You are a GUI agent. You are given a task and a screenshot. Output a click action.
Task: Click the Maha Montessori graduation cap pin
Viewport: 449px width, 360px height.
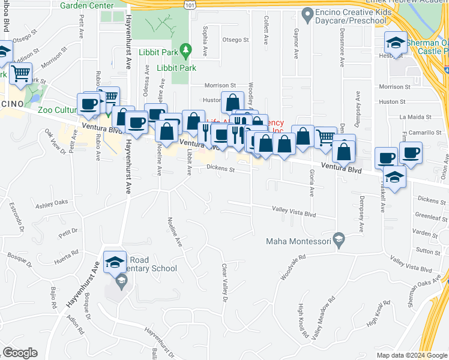point(339,238)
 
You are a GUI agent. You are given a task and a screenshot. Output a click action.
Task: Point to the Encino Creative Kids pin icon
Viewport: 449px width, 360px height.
point(308,13)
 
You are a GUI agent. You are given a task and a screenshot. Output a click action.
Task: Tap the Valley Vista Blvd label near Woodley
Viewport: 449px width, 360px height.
point(294,213)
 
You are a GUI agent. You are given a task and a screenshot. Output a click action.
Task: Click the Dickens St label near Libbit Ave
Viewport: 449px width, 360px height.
point(220,169)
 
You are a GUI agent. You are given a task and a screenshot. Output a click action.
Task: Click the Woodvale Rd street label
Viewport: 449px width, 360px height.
point(293,268)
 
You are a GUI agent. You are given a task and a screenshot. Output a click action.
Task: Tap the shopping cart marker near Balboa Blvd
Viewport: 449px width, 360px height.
point(20,74)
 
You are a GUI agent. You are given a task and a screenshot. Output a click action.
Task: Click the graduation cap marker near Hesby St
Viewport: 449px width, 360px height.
point(395,43)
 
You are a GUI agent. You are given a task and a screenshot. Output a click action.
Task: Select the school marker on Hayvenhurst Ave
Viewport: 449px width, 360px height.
point(115,262)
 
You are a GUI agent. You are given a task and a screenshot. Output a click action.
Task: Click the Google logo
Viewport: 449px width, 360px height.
point(20,352)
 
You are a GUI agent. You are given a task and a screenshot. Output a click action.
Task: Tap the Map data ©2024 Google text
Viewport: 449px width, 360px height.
point(411,355)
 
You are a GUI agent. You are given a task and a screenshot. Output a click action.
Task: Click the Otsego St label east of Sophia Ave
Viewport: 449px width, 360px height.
point(235,40)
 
